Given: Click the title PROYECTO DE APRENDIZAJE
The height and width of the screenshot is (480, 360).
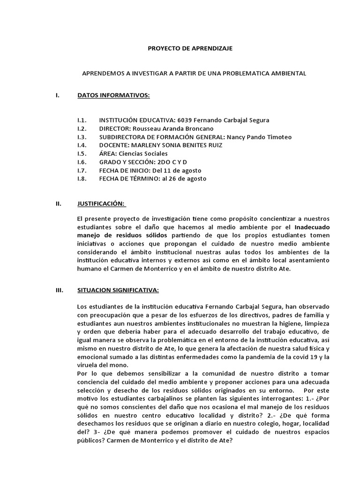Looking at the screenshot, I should pos(190,48).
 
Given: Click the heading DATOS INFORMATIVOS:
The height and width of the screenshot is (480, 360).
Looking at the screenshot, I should pos(113,96).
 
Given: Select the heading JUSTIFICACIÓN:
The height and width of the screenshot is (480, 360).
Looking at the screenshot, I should pos(101,203).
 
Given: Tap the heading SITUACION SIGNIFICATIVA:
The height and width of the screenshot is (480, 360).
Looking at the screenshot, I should pos(118,290).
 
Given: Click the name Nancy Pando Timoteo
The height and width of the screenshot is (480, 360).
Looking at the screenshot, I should pos(259,137).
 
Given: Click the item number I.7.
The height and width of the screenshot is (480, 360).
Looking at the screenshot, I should pos(82,171).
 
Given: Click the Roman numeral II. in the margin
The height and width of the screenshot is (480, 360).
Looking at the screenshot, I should pos(59,203).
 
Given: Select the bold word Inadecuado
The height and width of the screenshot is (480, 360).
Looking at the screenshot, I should pos(312,227).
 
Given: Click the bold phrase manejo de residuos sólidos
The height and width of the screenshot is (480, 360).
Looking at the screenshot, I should pos(122,235).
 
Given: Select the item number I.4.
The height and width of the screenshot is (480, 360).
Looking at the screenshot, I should pos(82,145).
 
